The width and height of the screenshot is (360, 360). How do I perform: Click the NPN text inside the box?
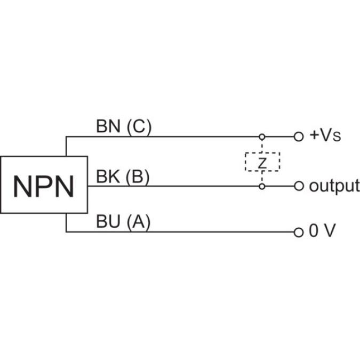tap(44, 186)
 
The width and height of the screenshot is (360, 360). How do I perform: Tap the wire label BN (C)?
tap(124, 126)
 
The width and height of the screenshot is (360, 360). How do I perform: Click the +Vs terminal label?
tap(325, 136)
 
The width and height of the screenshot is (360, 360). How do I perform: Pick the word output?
tap(334, 186)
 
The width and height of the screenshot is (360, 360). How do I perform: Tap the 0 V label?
tap(322, 232)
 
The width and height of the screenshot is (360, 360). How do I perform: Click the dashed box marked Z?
tap(262, 162)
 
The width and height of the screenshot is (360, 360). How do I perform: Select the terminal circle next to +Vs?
tap(299, 137)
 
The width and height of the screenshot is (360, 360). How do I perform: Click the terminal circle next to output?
tap(299, 186)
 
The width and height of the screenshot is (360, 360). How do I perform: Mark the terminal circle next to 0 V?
tap(299, 232)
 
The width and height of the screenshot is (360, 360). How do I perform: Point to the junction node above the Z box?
tap(262, 137)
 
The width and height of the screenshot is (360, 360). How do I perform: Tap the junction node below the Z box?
tap(262, 186)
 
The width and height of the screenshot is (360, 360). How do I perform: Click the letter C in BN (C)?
tap(138, 126)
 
